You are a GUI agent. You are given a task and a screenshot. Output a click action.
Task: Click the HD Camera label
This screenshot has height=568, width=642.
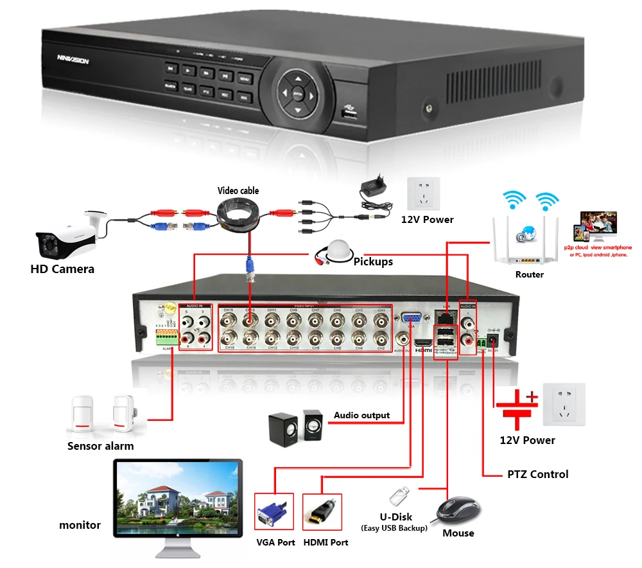62,269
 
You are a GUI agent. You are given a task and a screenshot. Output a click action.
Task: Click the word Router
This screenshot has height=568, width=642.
529,274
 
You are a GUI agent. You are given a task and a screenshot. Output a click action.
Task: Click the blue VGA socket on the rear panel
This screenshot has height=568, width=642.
412,318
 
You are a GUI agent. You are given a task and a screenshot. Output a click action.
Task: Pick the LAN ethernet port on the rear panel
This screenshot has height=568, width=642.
444,315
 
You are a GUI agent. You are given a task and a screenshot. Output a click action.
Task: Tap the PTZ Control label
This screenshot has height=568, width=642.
537,474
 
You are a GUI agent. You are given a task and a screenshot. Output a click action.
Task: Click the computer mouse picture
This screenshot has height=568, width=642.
456,511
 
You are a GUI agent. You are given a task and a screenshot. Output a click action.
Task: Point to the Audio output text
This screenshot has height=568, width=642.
361,415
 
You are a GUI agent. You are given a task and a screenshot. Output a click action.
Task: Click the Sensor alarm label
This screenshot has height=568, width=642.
101,446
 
